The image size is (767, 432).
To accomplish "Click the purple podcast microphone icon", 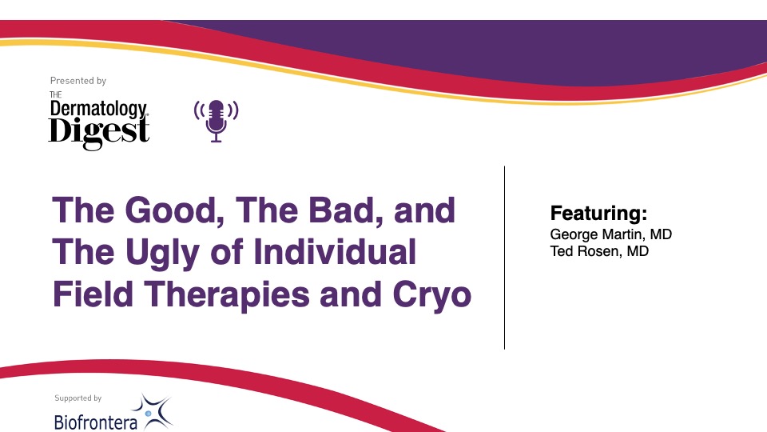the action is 217,121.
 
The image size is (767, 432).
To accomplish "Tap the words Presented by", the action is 78,81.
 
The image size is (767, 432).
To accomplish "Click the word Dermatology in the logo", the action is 98,109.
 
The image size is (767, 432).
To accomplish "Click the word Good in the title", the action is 171,210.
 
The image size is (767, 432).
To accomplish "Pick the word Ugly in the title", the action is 162,254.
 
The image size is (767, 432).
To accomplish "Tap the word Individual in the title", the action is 335,252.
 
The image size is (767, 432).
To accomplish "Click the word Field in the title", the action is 93,294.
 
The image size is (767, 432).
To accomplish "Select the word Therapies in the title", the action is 227,295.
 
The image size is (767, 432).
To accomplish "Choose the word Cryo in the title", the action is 432,295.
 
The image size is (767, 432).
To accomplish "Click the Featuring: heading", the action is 598,214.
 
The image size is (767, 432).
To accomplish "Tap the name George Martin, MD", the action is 611,234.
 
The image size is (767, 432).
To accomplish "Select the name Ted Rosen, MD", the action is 599,251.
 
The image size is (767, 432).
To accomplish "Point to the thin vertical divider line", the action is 504,258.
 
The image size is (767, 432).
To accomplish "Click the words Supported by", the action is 78,398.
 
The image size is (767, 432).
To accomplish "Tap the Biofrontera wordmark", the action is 96,422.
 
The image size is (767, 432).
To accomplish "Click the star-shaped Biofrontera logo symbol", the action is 152,411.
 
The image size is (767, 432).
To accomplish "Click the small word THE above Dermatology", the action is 56,94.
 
